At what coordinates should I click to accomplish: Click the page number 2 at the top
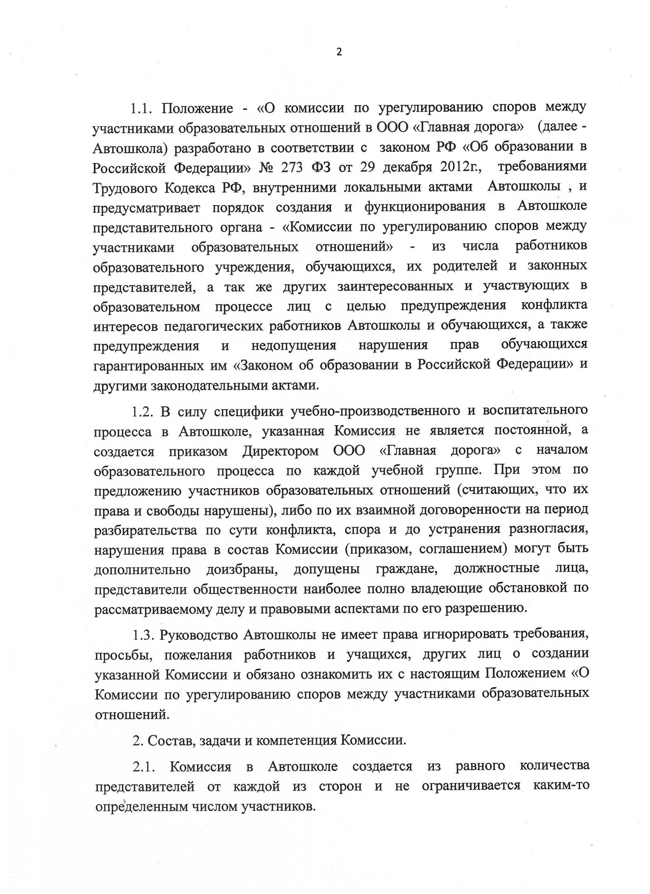pos(339,52)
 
